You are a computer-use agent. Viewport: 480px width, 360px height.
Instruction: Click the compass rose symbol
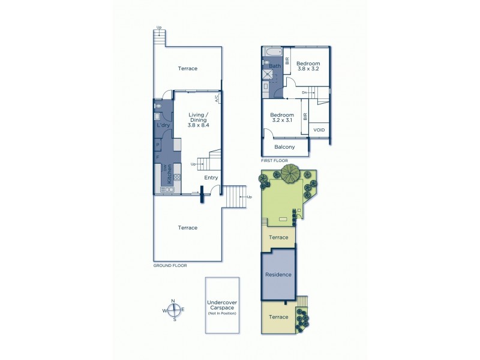click(173, 310)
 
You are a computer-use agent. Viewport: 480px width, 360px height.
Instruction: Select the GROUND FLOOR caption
click(171, 265)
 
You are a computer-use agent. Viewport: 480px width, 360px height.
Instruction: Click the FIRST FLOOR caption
click(275, 161)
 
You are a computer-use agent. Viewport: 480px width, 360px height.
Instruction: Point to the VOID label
click(319, 130)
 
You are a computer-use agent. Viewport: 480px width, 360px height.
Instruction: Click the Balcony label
click(284, 147)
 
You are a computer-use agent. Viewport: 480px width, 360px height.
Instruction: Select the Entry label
click(211, 178)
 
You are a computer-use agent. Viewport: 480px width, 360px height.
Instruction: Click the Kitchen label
click(170, 173)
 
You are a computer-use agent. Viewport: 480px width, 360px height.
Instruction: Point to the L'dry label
click(163, 125)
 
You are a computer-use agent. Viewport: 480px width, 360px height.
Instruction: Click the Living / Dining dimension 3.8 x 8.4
click(198, 125)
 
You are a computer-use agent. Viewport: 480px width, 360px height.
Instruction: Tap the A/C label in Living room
click(216, 100)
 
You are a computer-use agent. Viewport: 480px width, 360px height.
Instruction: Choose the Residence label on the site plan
click(278, 275)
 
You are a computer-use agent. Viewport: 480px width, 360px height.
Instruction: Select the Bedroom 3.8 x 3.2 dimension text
click(308, 69)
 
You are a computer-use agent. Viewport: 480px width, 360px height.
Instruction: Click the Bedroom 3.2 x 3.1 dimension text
click(281, 121)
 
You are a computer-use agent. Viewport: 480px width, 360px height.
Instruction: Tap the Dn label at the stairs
click(304, 92)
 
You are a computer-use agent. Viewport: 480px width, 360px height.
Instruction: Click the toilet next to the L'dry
click(157, 106)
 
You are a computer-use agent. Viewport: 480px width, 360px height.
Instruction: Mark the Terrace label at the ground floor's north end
click(188, 68)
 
